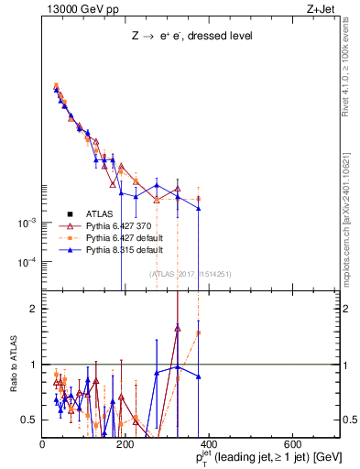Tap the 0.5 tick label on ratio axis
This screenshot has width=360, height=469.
(29, 420)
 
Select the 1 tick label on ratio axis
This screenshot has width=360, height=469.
(34, 365)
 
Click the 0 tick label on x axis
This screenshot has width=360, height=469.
(43, 445)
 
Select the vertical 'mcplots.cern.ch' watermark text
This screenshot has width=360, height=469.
(351, 211)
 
